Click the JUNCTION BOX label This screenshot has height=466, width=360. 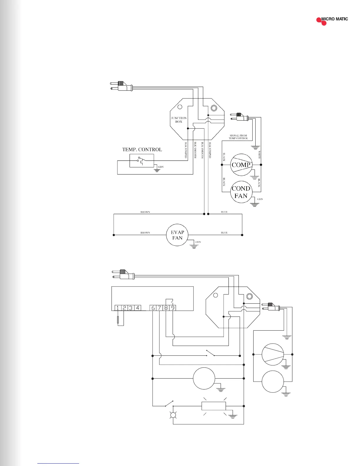tap(179, 120)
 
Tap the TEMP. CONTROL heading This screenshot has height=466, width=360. tap(142, 149)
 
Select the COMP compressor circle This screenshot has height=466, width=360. tap(241, 165)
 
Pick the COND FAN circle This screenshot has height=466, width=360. tap(241, 192)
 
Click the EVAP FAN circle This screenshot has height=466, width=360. tap(177, 235)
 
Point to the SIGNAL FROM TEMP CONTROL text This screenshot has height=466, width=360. tap(238, 137)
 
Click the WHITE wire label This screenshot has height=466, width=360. tap(259, 155)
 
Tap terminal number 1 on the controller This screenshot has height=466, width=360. tap(118, 308)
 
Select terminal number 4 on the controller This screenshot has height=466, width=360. tap(137, 308)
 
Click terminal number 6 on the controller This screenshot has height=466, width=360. tap(153, 308)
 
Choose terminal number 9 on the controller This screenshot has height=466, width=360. tap(173, 308)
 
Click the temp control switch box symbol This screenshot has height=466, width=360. tap(142, 161)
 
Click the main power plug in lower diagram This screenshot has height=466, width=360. tap(124, 274)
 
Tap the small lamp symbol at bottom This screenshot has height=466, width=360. tap(173, 415)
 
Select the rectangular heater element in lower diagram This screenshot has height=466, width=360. tap(214, 406)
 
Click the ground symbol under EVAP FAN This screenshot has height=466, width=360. tap(194, 246)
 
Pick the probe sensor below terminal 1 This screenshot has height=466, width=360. tap(118, 320)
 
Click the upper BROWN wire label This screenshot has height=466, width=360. tap(145, 212)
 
